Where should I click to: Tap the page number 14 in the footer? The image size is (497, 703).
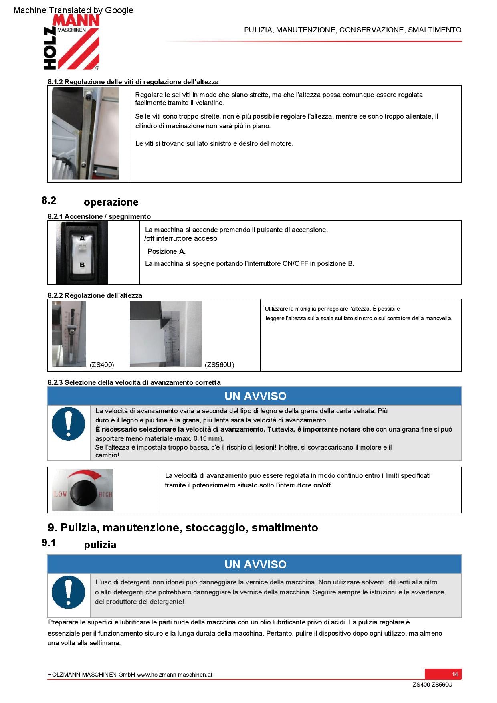coord(455,674)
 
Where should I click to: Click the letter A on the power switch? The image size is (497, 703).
coord(82,238)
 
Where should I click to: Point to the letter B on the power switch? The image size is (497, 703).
coord(82,265)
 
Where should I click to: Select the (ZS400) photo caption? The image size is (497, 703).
coord(102,365)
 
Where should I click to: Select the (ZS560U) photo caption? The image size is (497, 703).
coord(219,365)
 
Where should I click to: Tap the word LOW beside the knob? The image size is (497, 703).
coord(60,494)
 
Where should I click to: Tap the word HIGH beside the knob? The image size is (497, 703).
coord(105,495)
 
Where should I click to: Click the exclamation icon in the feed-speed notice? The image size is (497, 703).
coord(69,424)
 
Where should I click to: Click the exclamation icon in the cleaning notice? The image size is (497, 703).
coord(69,592)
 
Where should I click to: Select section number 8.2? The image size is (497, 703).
coord(49,200)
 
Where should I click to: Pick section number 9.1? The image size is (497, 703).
coord(49,543)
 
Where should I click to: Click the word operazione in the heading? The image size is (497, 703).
coord(111,202)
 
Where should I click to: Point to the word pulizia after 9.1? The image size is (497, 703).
coord(100,545)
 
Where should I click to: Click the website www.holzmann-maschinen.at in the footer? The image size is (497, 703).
coord(175,675)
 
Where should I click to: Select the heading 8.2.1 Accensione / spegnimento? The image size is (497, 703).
coord(99,216)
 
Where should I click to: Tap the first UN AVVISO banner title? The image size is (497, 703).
coord(255,396)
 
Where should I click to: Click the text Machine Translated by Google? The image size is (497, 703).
coord(73,10)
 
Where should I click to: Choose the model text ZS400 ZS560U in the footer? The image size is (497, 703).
coord(432,685)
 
